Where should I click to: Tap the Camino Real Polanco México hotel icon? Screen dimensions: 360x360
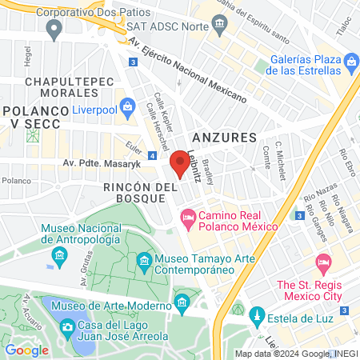pyautogui.click(x=189, y=216)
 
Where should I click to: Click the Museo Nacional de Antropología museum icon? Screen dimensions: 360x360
pyautogui.click(x=58, y=257)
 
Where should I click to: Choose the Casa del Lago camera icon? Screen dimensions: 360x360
pyautogui.click(x=68, y=327)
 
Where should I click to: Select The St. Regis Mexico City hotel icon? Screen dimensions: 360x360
pyautogui.click(x=324, y=262)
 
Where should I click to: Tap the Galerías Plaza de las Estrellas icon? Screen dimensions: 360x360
pyautogui.click(x=350, y=62)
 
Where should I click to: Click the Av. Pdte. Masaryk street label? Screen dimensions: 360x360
pyautogui.click(x=102, y=163)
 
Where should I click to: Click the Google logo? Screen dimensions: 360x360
pyautogui.click(x=26, y=350)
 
